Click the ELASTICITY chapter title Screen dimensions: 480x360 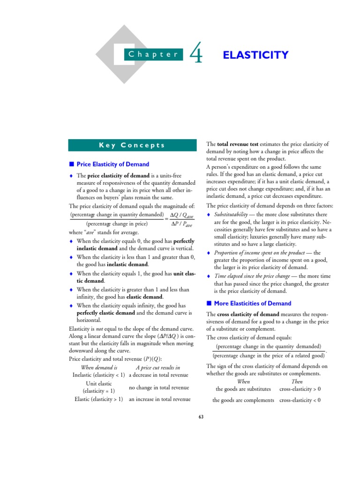click(x=255, y=55)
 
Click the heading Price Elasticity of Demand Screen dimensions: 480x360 click(x=112, y=164)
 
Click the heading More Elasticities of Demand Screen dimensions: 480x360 click(x=252, y=303)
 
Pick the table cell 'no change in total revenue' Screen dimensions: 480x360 click(x=159, y=388)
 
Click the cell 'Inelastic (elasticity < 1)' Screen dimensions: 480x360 click(x=99, y=375)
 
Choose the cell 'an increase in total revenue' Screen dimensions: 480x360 click(x=160, y=399)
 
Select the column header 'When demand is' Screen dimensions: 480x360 click(x=99, y=367)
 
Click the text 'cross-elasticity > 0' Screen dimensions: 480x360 click(x=300, y=389)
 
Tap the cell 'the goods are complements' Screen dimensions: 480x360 click(x=243, y=400)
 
